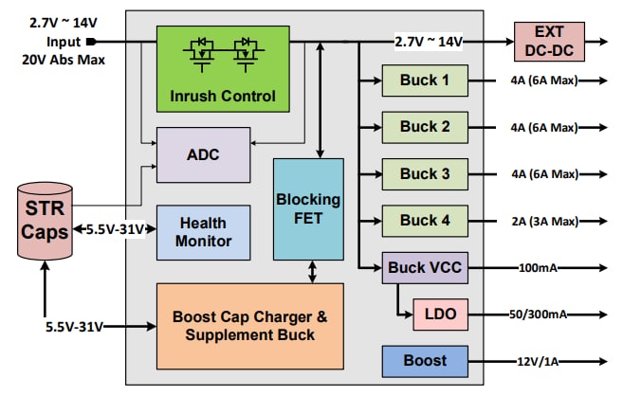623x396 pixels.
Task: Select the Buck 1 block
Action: pos(424,80)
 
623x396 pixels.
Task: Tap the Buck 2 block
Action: pos(424,126)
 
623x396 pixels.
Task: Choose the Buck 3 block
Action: pos(424,173)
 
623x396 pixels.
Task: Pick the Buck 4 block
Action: pos(424,221)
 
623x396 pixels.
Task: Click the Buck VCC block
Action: pos(425,268)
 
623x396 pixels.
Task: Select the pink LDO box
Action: pos(440,314)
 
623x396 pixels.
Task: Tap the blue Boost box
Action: pos(425,360)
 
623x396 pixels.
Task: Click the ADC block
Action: pos(203,154)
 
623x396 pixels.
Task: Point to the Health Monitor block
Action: pos(203,232)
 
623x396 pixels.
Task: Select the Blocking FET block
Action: pos(308,209)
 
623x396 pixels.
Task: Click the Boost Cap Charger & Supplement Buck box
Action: pos(248,325)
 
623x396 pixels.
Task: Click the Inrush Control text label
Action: pos(222,96)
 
